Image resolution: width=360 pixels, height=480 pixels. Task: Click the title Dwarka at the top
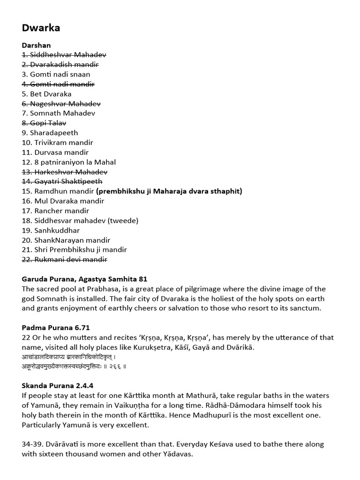tap(41, 28)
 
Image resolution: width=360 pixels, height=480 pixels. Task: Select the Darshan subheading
tap(37, 45)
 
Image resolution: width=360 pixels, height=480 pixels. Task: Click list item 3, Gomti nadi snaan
tap(56, 74)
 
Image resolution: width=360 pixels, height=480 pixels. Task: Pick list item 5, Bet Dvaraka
tap(46, 94)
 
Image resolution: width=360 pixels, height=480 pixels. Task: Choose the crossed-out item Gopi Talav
tap(44, 123)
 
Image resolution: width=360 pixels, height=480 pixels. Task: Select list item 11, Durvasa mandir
tap(55, 152)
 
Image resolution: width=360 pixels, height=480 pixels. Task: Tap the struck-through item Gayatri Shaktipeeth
tap(62, 181)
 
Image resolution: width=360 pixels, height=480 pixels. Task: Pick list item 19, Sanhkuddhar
tap(51, 230)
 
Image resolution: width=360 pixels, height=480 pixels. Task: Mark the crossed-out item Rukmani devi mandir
tap(64, 259)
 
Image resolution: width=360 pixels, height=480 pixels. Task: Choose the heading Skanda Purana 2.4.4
tap(58, 386)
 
